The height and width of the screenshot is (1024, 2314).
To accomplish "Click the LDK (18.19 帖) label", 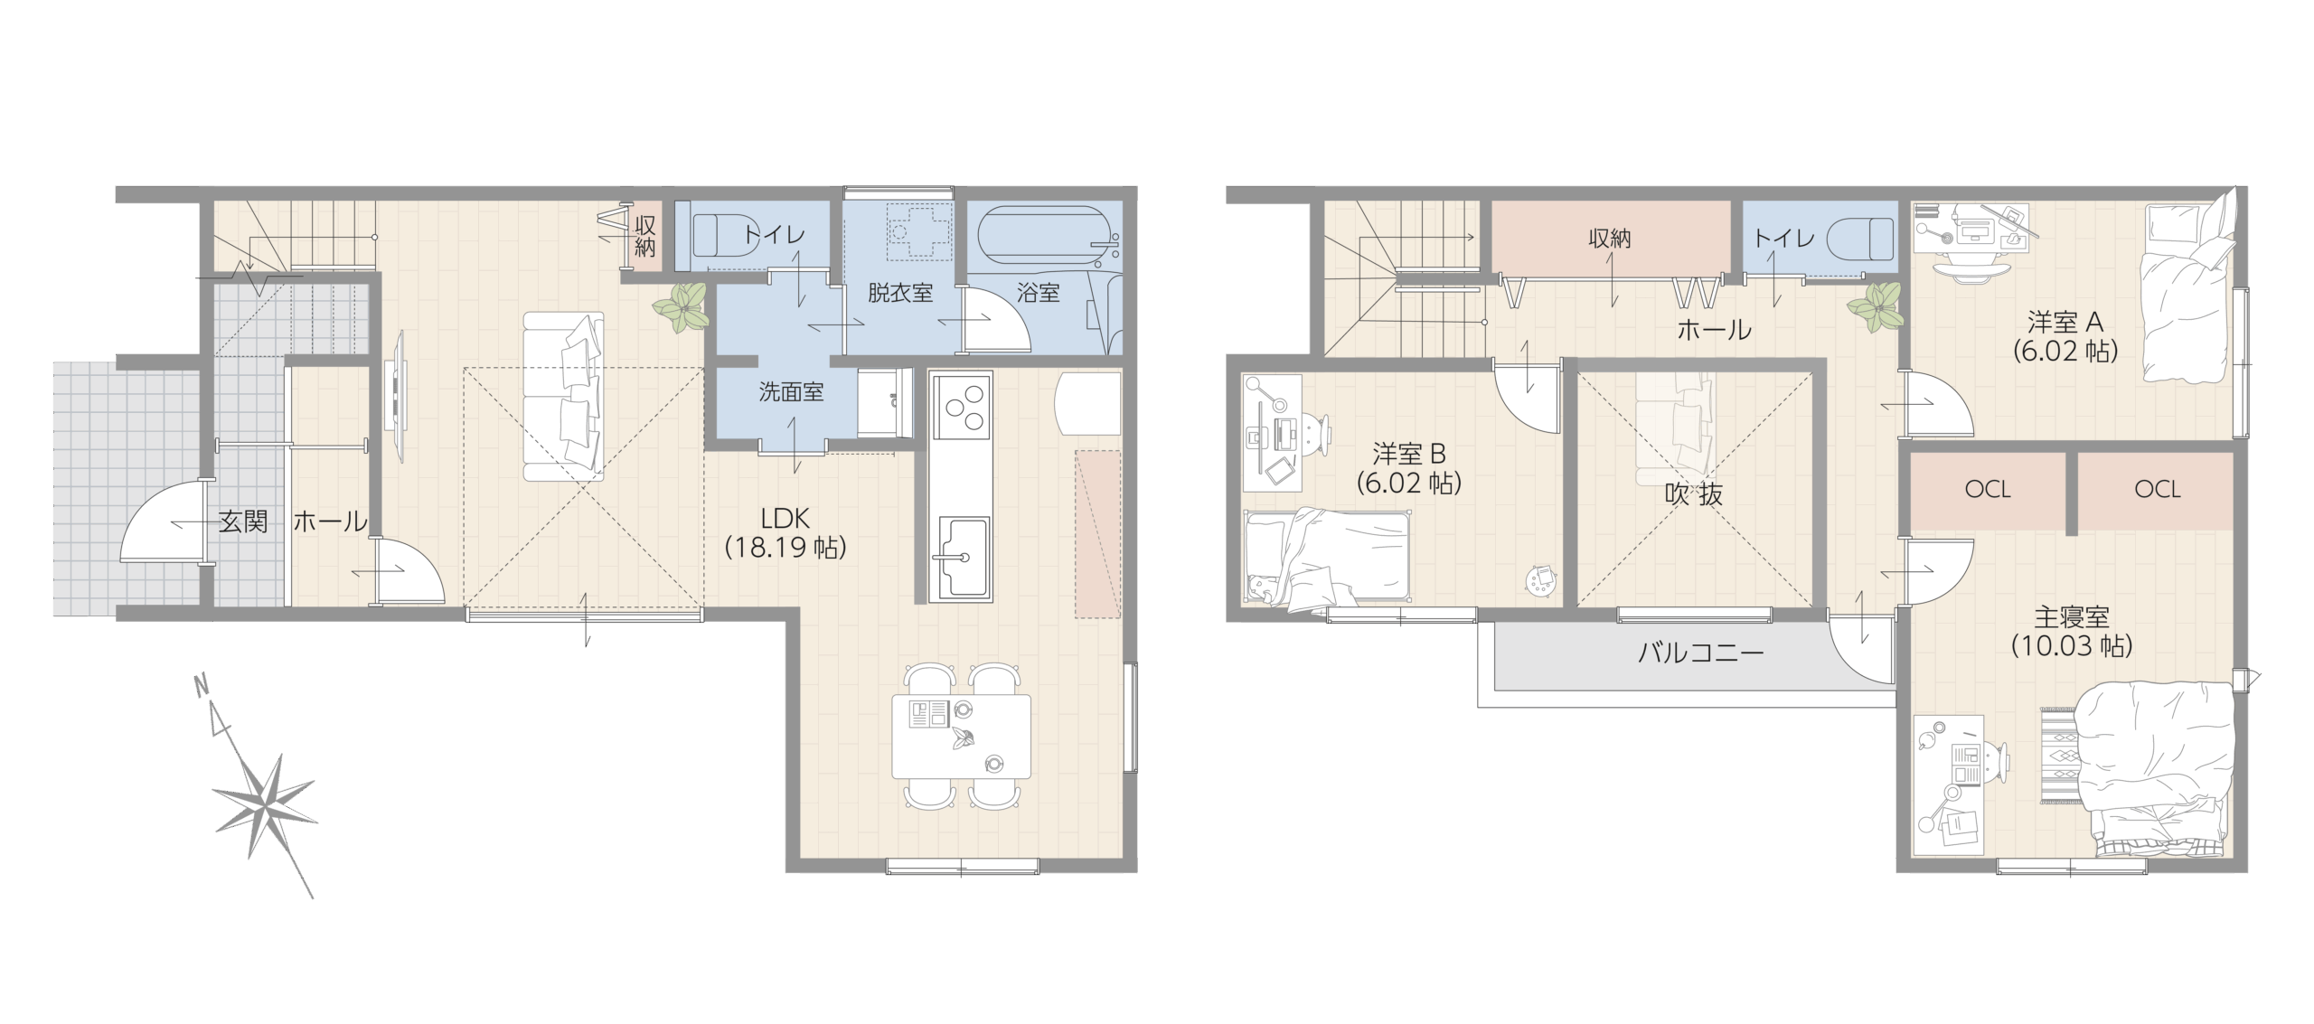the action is click(785, 532).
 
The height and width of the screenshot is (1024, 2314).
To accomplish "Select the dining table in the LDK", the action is click(961, 735).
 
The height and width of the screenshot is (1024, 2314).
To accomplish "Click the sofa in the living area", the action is click(563, 396).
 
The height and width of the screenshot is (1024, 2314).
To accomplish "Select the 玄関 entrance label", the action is click(243, 521).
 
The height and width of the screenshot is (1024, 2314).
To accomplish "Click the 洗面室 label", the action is click(791, 391).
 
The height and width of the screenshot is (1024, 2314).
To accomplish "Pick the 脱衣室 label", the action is click(900, 293).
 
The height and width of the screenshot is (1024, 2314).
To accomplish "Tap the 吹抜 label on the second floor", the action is click(1694, 493).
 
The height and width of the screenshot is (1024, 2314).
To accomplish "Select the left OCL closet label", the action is click(1988, 490).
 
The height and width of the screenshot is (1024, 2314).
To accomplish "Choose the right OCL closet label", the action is click(2158, 490).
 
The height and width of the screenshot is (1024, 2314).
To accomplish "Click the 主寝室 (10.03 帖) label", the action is click(2071, 631).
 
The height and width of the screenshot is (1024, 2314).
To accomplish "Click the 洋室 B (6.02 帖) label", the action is click(1408, 467).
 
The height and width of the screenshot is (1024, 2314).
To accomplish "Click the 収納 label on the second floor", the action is click(1610, 239).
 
